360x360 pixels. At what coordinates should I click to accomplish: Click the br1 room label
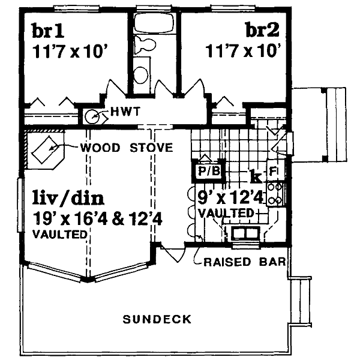pos(48,31)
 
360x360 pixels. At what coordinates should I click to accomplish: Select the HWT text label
pos(125,112)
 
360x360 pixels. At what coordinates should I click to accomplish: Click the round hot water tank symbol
pos(92,116)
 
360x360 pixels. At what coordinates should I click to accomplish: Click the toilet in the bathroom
pos(145,45)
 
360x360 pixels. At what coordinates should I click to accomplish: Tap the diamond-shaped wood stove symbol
pos(46,150)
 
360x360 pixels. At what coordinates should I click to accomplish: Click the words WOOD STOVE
pos(127,148)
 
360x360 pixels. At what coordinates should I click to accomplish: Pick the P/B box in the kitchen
pos(209,171)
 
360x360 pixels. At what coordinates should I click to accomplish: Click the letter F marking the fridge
pos(273,171)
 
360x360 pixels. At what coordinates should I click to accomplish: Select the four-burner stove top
pos(275,194)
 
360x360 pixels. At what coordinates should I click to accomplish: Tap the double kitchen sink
pos(245,233)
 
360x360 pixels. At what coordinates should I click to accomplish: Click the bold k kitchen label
pos(256,176)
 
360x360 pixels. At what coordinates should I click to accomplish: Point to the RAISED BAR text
pos(245,262)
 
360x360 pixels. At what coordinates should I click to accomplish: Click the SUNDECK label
pos(157,319)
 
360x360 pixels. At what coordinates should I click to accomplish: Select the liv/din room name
pos(68,197)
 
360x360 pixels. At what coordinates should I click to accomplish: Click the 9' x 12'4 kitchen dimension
pos(230,197)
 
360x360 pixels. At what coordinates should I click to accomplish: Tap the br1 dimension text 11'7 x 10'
pos(70,52)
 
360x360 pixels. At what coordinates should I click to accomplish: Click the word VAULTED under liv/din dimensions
pos(59,235)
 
